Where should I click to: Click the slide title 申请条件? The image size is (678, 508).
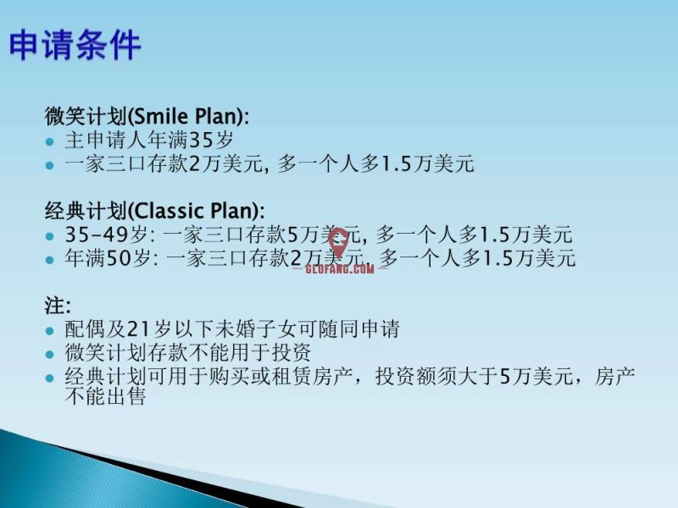tap(75, 45)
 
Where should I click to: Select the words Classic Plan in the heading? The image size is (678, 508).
tap(194, 211)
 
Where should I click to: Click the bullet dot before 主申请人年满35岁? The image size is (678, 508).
tap(50, 141)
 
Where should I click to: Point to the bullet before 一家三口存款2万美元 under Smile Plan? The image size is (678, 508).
tap(50, 165)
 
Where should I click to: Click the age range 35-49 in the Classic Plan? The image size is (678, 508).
tap(97, 235)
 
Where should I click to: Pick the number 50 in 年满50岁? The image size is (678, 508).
tap(119, 258)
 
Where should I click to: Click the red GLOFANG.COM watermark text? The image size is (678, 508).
tap(340, 268)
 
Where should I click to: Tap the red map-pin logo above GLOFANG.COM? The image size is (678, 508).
tap(338, 242)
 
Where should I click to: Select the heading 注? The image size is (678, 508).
tap(58, 306)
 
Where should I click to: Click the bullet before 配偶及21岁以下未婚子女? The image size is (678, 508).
tap(50, 331)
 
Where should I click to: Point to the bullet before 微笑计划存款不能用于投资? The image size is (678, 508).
tap(50, 355)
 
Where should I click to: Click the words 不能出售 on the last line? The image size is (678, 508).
tap(105, 396)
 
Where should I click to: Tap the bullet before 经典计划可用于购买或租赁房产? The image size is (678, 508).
tap(50, 378)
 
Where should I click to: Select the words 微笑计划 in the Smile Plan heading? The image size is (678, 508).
tap(86, 116)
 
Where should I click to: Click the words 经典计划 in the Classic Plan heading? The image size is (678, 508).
tap(86, 211)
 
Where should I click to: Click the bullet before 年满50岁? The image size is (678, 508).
tap(50, 260)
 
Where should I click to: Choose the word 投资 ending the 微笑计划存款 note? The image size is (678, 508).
tap(291, 352)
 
